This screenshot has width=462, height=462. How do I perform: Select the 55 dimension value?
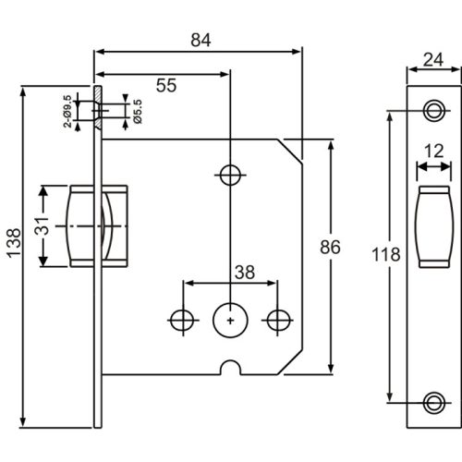tap(165, 85)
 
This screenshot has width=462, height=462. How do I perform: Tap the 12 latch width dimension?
tap(432, 152)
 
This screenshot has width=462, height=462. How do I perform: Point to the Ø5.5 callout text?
tap(137, 112)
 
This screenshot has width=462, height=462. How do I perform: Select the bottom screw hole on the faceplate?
tap(432, 403)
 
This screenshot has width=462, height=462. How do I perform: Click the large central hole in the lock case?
tap(228, 319)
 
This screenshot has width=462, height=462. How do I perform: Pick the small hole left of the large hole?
tap(182, 319)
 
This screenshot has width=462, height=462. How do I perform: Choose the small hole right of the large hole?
tap(275, 319)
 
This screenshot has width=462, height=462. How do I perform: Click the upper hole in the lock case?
tap(228, 175)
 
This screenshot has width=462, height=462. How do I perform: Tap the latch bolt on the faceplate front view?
tap(432, 226)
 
